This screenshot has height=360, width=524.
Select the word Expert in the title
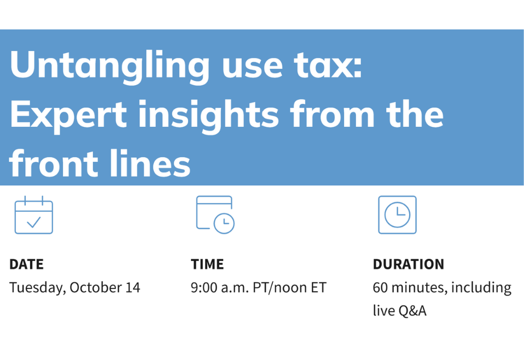[x=68, y=114]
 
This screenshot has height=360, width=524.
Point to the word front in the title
[x=58, y=163]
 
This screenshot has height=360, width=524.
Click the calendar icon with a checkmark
[x=34, y=215]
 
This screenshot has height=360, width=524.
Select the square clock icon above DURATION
[x=397, y=215]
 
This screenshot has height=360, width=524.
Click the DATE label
[x=26, y=264]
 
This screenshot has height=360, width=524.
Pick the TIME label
[x=207, y=264]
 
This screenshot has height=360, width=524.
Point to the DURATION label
[x=408, y=264]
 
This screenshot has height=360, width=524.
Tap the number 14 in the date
[x=132, y=287]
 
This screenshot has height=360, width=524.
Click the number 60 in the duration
[x=380, y=287]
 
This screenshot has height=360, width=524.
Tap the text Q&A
[x=412, y=311]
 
